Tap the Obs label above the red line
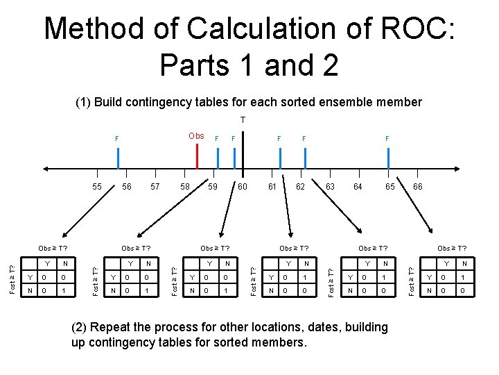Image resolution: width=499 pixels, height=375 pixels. (196, 136)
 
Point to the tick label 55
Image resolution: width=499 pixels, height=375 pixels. (97, 187)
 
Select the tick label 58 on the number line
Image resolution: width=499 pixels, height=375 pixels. (185, 187)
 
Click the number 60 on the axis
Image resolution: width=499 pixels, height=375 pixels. (243, 187)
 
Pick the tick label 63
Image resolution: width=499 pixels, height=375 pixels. (330, 187)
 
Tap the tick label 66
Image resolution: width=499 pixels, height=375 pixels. (417, 187)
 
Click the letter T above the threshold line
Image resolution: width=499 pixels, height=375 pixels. (243, 120)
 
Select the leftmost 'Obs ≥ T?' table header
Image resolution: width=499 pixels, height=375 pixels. (53, 248)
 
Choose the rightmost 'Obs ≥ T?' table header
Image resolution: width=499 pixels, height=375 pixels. (452, 248)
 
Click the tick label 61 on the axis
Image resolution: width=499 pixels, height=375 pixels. (272, 187)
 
